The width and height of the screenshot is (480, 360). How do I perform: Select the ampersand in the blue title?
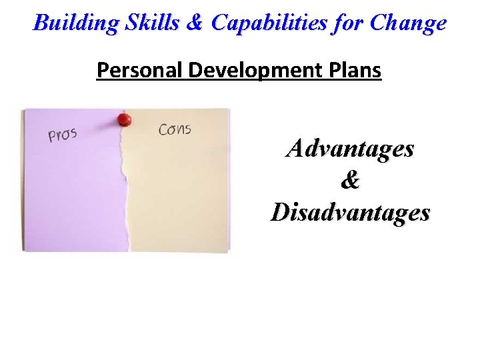(194, 23)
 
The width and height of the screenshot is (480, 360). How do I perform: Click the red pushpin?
(124, 120)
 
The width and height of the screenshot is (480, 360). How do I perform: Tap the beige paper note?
(180, 193)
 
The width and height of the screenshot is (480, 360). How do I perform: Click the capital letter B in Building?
(41, 23)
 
